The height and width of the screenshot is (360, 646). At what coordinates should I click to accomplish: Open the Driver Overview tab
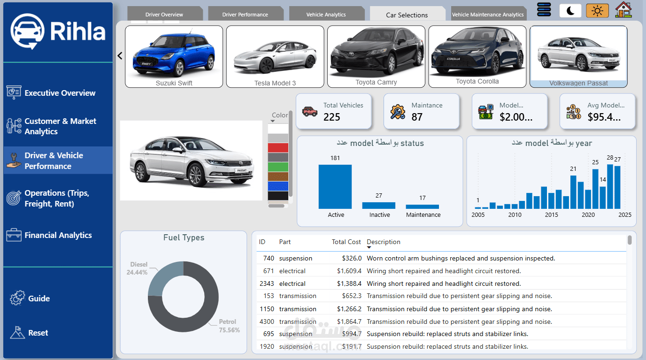click(x=164, y=15)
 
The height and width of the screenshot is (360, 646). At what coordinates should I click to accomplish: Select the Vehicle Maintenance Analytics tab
click(x=488, y=15)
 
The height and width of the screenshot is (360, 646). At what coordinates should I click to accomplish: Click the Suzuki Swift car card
click(x=174, y=56)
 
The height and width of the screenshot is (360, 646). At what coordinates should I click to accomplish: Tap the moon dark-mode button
click(x=570, y=10)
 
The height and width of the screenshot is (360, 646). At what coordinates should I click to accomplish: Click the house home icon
click(x=623, y=10)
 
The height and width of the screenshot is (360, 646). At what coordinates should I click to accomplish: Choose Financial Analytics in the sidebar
click(x=58, y=235)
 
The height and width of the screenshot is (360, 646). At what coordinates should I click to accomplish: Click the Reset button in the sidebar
click(x=38, y=333)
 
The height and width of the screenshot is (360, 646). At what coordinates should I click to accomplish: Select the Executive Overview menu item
click(x=60, y=93)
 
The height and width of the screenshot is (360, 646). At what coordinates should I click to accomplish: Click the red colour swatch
click(x=278, y=148)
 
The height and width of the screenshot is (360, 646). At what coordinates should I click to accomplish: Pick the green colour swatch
click(x=278, y=167)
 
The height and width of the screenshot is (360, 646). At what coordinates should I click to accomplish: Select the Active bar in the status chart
click(x=335, y=186)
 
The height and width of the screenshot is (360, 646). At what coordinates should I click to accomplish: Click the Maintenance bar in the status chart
click(x=422, y=207)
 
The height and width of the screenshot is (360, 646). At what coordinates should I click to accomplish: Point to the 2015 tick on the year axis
click(x=552, y=215)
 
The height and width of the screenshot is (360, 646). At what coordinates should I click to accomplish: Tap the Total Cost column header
click(x=346, y=242)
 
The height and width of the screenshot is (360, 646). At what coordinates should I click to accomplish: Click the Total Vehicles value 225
click(x=332, y=117)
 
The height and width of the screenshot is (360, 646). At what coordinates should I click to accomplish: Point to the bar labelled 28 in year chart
click(x=610, y=186)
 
